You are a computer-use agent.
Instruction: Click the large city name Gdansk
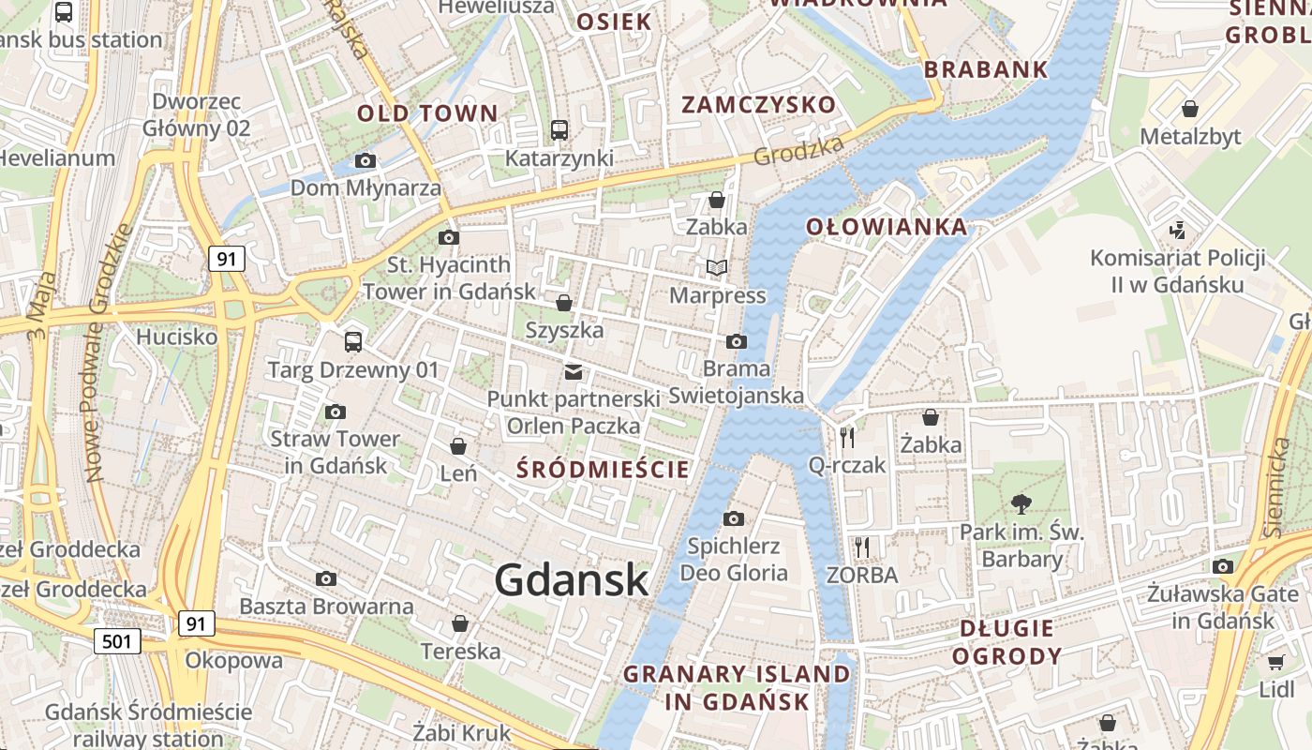tap(572, 579)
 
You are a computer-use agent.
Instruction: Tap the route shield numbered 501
tap(117, 641)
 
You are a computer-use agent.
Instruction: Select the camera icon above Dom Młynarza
tap(365, 161)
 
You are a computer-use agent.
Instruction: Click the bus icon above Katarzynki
tap(559, 130)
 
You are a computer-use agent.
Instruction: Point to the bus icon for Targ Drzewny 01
tap(353, 342)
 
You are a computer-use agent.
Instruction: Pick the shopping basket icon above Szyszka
tap(564, 303)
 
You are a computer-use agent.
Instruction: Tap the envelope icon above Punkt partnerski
tap(573, 372)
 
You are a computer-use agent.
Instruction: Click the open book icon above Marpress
tap(717, 268)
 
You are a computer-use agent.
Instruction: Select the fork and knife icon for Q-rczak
tap(847, 436)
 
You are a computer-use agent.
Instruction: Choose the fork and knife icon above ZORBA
tap(862, 547)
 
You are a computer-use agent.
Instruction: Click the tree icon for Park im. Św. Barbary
tap(1021, 504)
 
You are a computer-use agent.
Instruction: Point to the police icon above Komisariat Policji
tap(1178, 230)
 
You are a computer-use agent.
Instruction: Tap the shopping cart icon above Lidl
tap(1275, 663)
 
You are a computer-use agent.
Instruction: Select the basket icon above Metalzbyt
tap(1190, 110)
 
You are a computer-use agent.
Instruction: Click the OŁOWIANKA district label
tap(887, 227)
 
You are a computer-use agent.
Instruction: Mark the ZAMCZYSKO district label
tap(758, 104)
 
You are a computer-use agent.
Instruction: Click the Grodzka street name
tap(799, 149)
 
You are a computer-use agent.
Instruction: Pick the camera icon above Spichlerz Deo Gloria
tap(734, 518)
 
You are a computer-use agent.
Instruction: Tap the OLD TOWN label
tap(427, 113)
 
